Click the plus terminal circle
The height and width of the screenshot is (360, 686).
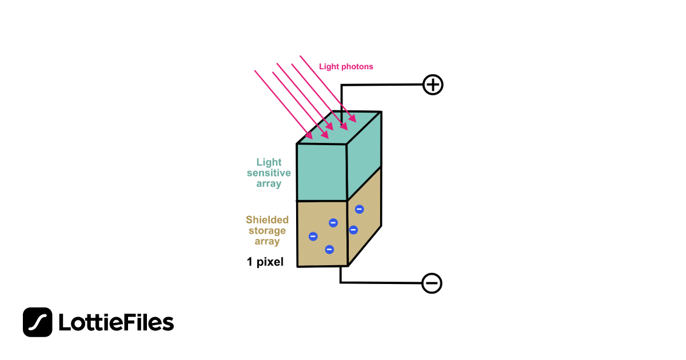coord(433,85)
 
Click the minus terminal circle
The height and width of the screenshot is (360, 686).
coord(432,283)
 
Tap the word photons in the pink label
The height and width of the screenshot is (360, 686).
coord(357,67)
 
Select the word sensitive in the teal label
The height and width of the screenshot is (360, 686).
coord(269,173)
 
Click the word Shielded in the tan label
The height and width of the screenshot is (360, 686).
coord(267,220)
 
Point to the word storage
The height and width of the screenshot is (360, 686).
coord(267,231)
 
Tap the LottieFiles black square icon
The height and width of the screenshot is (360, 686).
coord(38,322)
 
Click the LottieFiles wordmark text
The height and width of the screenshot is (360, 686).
coord(116,323)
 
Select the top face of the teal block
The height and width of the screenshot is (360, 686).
coord(338,128)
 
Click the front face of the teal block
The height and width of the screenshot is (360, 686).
coord(322,172)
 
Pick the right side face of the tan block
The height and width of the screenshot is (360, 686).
coord(365,223)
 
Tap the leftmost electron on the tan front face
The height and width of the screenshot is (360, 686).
coord(313,237)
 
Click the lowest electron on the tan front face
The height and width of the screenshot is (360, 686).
coord(329,249)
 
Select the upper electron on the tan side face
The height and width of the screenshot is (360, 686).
coord(360,209)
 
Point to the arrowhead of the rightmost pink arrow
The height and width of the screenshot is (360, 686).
coord(353,119)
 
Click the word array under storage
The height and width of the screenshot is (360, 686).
coord(267,242)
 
